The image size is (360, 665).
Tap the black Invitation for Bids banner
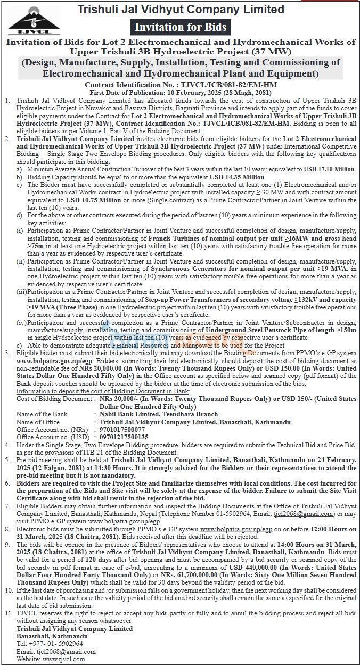click(180, 27)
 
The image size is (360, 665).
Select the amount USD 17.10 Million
click(328, 169)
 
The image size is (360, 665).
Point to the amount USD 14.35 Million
click(239, 177)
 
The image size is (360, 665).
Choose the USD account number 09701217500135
click(130, 436)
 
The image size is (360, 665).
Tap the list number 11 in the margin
click(7, 613)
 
